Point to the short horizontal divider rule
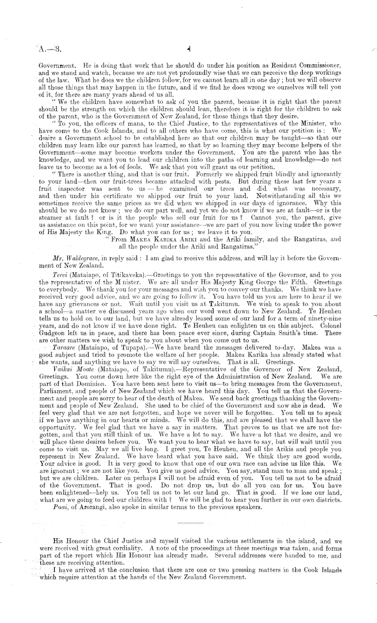click(191, 524)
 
